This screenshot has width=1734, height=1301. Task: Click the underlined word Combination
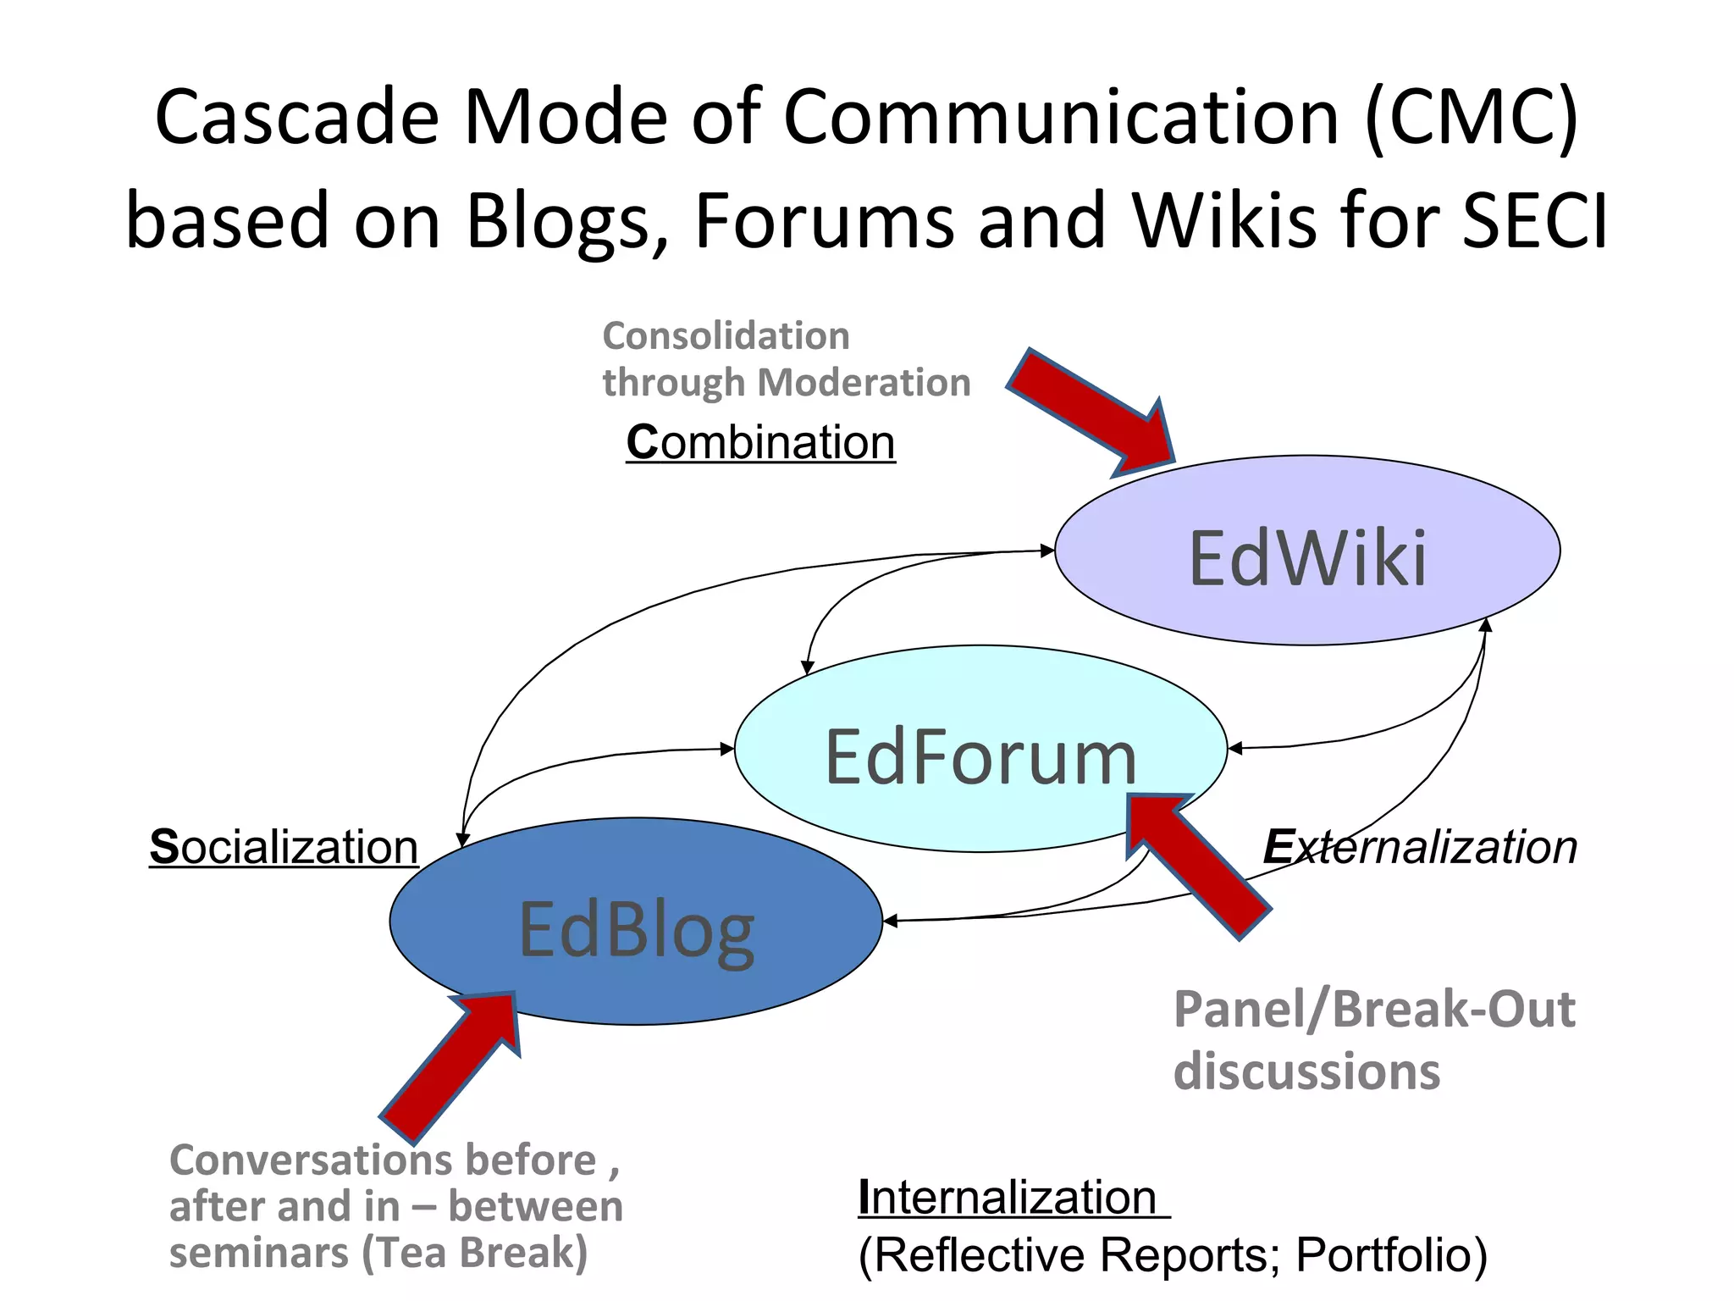[x=760, y=442]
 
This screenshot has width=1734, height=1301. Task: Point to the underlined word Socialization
[x=284, y=846]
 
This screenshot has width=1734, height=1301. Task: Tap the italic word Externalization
[x=1420, y=846]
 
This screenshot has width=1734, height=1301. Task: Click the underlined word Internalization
[x=1008, y=1197]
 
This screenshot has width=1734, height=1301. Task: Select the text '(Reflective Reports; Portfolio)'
[x=1173, y=1254]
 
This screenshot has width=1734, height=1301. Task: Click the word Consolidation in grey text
[x=726, y=336]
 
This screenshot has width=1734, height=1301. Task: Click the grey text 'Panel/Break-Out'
[x=1374, y=1010]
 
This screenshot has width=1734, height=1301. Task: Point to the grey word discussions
[x=1306, y=1071]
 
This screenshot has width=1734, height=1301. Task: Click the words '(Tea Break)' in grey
[x=475, y=1253]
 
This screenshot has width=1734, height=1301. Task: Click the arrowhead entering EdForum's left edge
[x=727, y=749]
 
